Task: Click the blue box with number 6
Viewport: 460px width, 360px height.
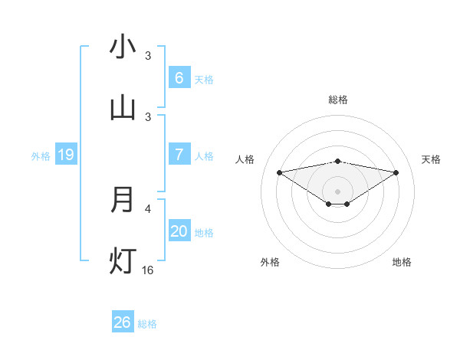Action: pyautogui.click(x=179, y=77)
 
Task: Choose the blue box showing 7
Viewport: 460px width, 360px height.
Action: pyautogui.click(x=179, y=155)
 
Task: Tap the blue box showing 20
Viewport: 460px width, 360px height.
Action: pyautogui.click(x=179, y=231)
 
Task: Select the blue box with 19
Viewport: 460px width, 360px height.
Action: pyautogui.click(x=65, y=155)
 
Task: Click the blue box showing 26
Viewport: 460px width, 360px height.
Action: pyautogui.click(x=122, y=322)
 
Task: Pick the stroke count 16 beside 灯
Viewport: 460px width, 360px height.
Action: pyautogui.click(x=148, y=270)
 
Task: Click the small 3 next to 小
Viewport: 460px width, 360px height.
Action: pyautogui.click(x=148, y=55)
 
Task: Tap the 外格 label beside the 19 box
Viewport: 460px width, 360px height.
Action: pyautogui.click(x=41, y=155)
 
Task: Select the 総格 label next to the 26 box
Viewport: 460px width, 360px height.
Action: pyautogui.click(x=147, y=323)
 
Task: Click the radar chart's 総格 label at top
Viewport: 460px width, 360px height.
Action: pyautogui.click(x=338, y=100)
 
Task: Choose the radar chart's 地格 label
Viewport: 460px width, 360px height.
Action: pyautogui.click(x=402, y=262)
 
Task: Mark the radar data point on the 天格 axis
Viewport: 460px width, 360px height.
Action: pyautogui.click(x=396, y=172)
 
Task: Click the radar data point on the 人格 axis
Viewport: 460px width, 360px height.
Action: pyautogui.click(x=279, y=172)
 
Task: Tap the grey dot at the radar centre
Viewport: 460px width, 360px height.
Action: pyautogui.click(x=338, y=191)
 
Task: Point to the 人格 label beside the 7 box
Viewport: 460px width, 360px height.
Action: pyautogui.click(x=204, y=155)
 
